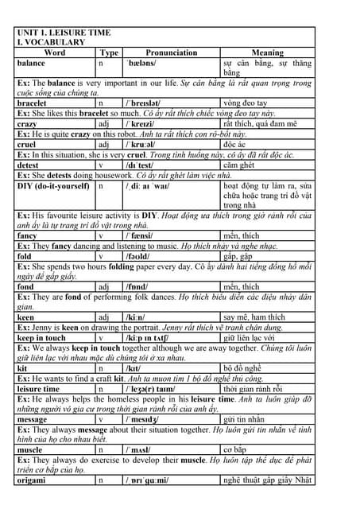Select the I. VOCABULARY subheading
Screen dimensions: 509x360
click(x=52, y=42)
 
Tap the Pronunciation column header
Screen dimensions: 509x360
click(x=171, y=52)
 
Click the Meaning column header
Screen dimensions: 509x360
click(x=267, y=52)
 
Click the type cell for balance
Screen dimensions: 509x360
click(x=101, y=63)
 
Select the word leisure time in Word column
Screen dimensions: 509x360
click(x=38, y=389)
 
